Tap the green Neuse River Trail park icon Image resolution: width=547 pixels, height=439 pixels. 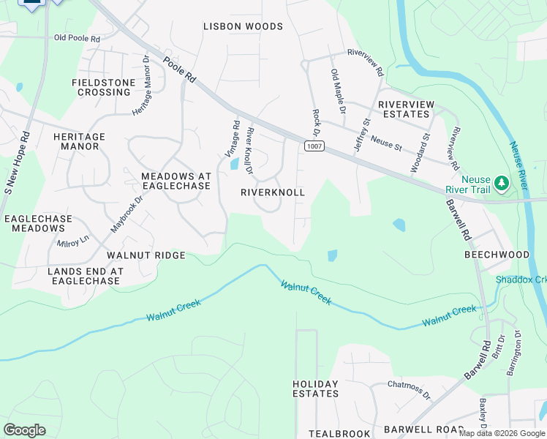point(501,181)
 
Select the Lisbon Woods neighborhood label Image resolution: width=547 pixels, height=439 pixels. point(243,27)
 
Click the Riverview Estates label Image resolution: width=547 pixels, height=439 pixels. point(403,109)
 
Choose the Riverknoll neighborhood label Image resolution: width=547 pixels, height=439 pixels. point(272,192)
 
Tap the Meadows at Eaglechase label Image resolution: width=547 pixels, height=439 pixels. point(176,181)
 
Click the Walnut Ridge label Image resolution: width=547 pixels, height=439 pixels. point(146,255)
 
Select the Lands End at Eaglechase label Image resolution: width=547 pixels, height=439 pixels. point(85,276)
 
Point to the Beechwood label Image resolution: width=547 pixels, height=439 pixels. point(497,255)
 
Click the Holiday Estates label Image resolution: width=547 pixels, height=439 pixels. point(315,389)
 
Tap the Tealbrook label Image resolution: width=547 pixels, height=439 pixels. point(339,434)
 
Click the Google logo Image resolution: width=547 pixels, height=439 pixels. point(25,430)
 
